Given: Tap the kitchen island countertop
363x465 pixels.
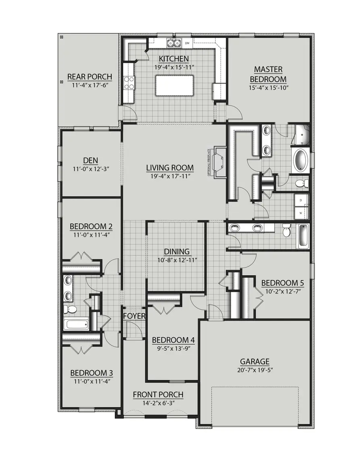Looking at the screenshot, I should [174, 85].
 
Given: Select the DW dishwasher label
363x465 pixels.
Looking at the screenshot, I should [187, 43].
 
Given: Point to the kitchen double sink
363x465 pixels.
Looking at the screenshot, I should [174, 43].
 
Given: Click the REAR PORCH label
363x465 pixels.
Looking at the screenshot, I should [90, 77].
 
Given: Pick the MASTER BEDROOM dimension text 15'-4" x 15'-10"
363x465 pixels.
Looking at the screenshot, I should [268, 88].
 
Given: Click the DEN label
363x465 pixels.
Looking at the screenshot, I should [91, 160].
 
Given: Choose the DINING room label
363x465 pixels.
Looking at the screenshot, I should [177, 252].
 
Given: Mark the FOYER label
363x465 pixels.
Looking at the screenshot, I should [134, 316].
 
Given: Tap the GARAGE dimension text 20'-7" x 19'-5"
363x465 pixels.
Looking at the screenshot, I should [255, 370].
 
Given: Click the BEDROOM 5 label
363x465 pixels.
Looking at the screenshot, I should [282, 283].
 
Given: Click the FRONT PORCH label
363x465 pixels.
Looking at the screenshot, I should [158, 394].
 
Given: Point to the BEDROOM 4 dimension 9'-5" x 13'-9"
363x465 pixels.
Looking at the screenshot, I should [173, 348].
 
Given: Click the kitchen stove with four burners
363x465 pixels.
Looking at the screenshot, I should [129, 83].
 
